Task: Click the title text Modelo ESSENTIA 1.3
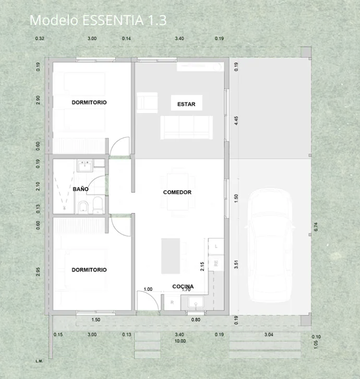click(98, 20)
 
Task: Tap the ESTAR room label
click(186, 104)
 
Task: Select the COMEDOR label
click(177, 192)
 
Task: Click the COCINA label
click(183, 287)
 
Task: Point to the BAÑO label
click(80, 188)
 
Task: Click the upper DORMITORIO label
click(89, 102)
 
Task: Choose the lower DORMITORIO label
click(89, 270)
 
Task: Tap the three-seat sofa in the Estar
click(187, 127)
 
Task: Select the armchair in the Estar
click(147, 102)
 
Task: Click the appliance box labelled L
click(217, 245)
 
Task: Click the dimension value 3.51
click(236, 264)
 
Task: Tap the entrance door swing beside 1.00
click(146, 300)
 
